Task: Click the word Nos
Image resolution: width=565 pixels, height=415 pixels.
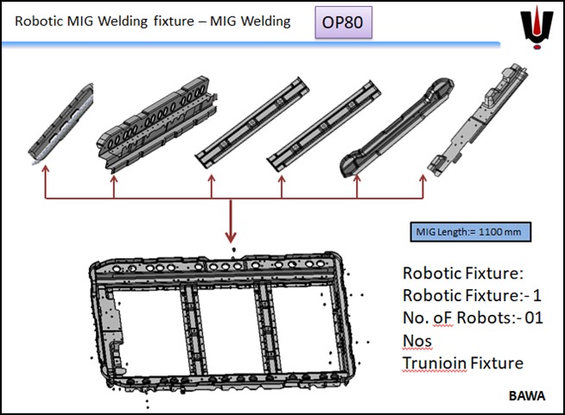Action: coord(416,341)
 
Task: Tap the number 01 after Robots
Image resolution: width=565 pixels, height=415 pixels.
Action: coord(534,318)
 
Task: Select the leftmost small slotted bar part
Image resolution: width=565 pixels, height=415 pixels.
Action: coord(59,122)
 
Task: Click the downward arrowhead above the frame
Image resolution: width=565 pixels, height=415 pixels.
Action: coord(232,236)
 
